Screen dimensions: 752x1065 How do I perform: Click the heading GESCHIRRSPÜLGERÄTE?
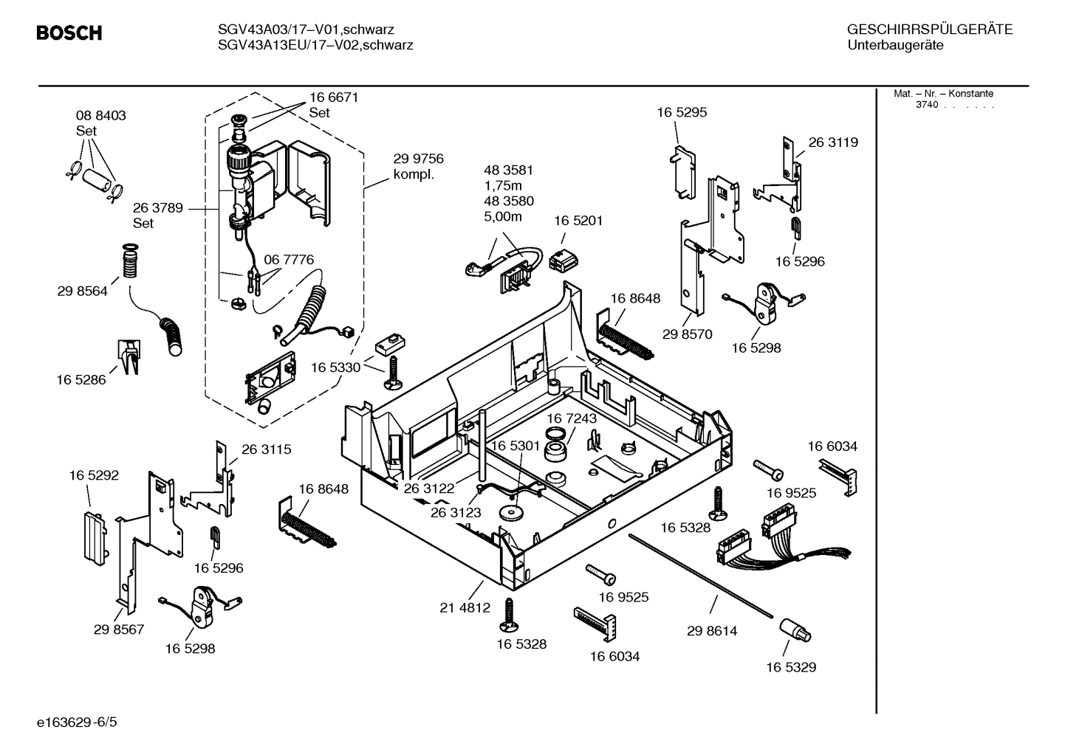(929, 30)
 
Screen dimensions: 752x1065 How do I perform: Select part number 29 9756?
(418, 159)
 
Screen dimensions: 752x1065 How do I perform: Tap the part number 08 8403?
(100, 115)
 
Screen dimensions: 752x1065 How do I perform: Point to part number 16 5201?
(578, 221)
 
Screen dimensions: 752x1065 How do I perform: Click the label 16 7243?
(572, 418)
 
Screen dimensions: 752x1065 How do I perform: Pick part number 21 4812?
(465, 608)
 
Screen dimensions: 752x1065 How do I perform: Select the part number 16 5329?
(791, 667)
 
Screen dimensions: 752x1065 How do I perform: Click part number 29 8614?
(712, 631)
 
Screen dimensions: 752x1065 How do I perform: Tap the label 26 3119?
(833, 142)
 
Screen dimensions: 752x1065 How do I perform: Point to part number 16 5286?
(81, 380)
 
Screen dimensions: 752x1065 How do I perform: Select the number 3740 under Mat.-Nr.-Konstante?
(926, 105)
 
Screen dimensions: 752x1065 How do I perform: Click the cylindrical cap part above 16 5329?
(795, 632)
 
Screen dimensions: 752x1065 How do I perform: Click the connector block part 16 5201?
(563, 259)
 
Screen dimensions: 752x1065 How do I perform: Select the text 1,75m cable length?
(503, 185)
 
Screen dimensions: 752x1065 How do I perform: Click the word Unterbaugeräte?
(895, 45)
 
